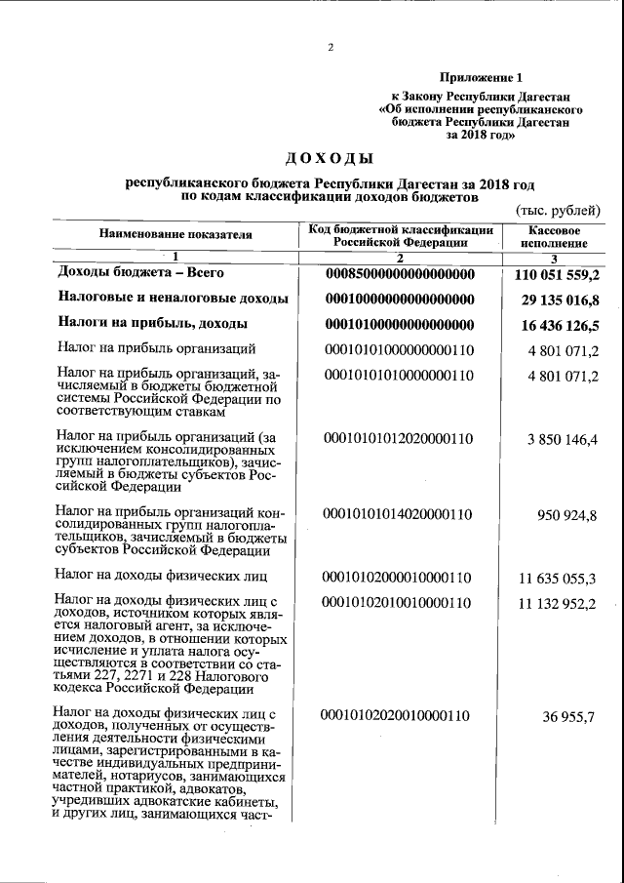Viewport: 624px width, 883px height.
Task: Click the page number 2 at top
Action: [x=331, y=47]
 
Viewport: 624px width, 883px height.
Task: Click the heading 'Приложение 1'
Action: [x=481, y=77]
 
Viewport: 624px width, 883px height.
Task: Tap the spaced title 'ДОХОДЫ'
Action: [x=330, y=157]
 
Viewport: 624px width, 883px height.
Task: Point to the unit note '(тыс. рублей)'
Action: [x=557, y=210]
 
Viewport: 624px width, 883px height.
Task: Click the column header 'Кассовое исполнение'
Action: [x=553, y=235]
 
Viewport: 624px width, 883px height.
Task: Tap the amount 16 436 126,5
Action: [x=561, y=323]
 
